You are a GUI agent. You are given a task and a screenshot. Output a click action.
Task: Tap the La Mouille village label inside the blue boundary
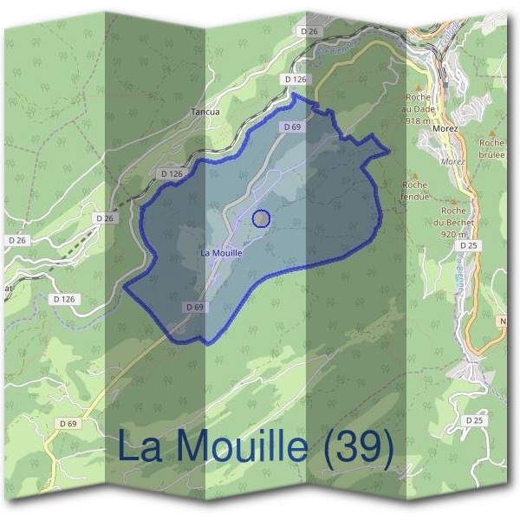[x=220, y=253]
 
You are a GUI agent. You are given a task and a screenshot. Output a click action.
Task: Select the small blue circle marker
[x=261, y=218]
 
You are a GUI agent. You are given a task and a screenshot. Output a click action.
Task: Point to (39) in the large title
[x=355, y=447]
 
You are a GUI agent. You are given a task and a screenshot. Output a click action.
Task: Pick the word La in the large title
[x=138, y=447]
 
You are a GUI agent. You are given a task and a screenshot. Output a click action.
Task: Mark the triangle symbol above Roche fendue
[x=408, y=172]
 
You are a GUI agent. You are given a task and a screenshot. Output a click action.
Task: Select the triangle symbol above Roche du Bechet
[x=453, y=200]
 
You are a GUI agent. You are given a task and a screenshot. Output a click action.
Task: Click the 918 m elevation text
[x=419, y=122]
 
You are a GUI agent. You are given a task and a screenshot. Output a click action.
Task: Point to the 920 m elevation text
[x=454, y=234]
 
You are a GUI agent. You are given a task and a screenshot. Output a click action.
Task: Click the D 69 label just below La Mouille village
[x=195, y=307]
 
